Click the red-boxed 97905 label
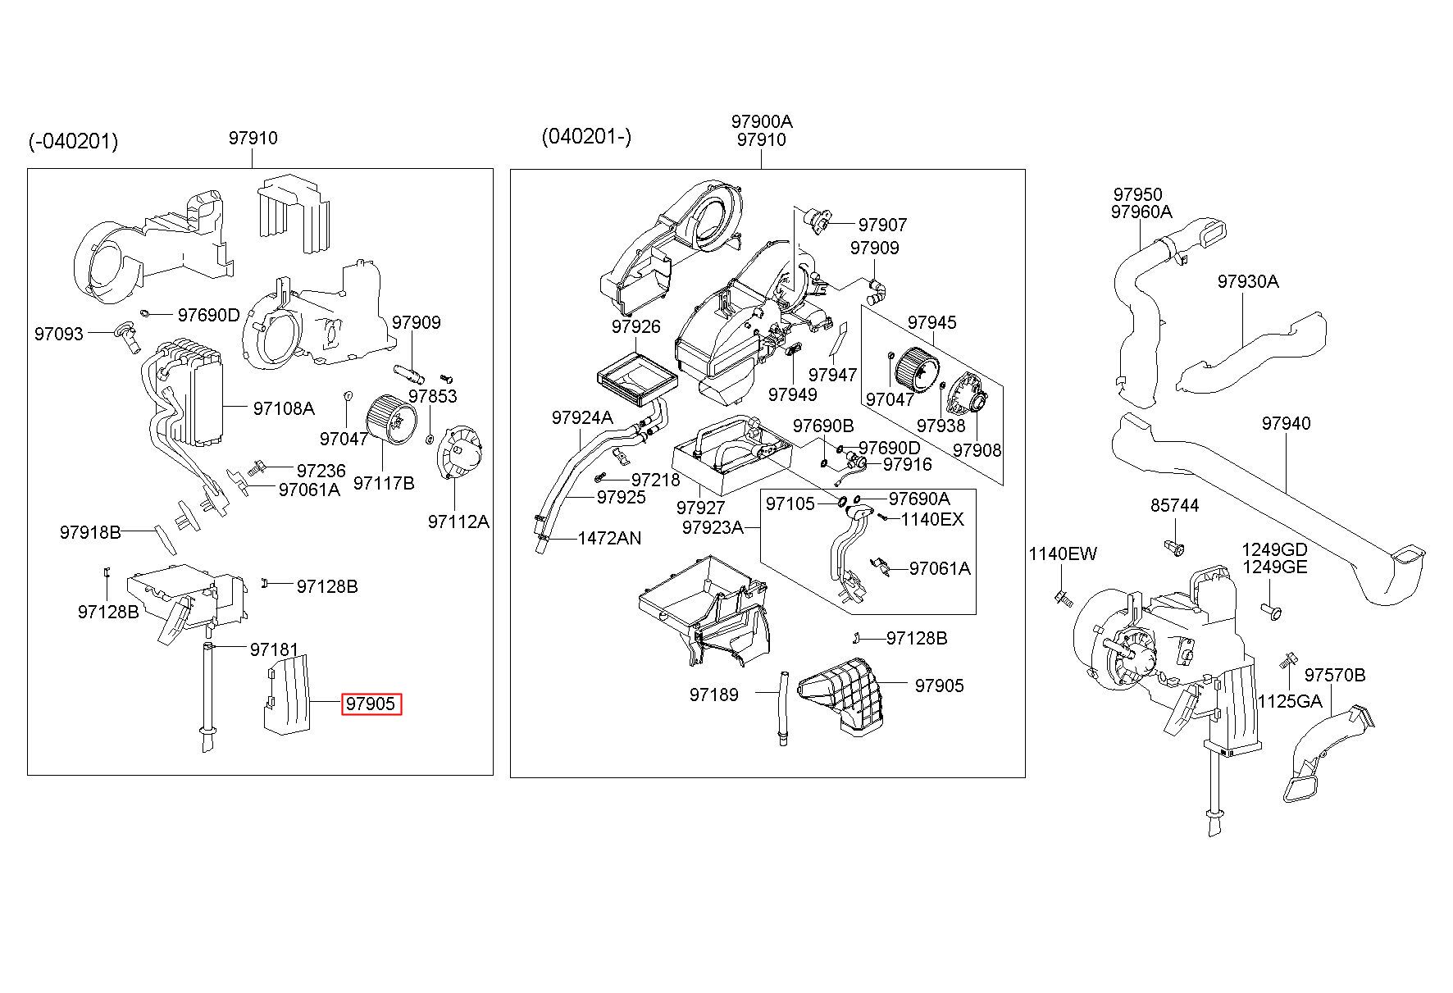(371, 704)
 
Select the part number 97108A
(283, 408)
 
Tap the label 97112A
(458, 522)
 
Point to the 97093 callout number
(59, 334)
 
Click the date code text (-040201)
(74, 142)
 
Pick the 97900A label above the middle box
(762, 121)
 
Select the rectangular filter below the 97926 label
(637, 380)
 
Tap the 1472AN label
(609, 539)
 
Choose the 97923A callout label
(712, 527)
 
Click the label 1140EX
(932, 519)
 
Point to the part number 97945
(932, 322)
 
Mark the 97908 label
(977, 450)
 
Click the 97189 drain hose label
(713, 695)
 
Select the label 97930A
(1248, 281)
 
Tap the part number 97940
(1287, 423)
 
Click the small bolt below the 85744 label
(1173, 547)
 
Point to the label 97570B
(1335, 675)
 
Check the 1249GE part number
(1274, 567)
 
